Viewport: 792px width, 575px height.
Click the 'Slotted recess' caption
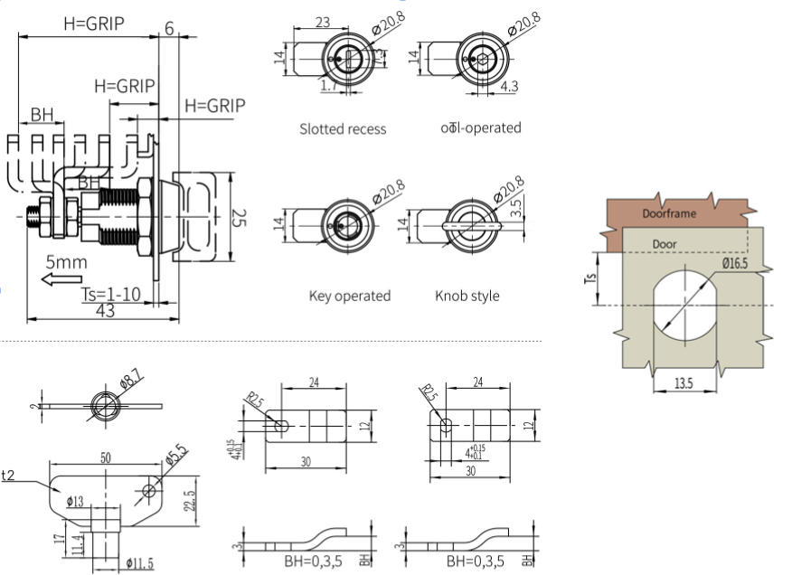coord(343,129)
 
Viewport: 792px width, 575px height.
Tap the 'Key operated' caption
coord(349,296)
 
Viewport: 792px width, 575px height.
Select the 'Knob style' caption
coord(467,296)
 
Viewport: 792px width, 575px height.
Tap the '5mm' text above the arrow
coord(67,262)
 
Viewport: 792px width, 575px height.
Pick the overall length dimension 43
coord(107,311)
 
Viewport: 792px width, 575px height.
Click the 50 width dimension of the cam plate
coord(106,459)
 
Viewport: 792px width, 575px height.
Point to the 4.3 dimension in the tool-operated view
coord(509,87)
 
